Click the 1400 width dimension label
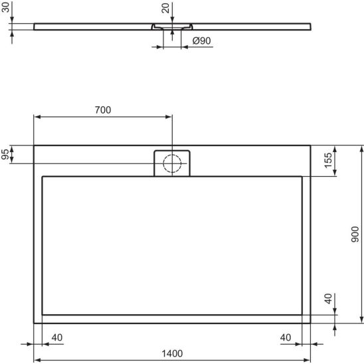(x=172, y=353)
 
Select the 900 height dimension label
(x=355, y=234)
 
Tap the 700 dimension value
(x=103, y=110)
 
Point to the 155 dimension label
(x=328, y=160)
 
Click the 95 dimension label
(x=5, y=154)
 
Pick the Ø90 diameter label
(x=201, y=41)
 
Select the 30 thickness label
(x=5, y=7)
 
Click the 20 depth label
(x=165, y=8)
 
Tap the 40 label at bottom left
(x=57, y=337)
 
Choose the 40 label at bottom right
(x=286, y=337)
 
